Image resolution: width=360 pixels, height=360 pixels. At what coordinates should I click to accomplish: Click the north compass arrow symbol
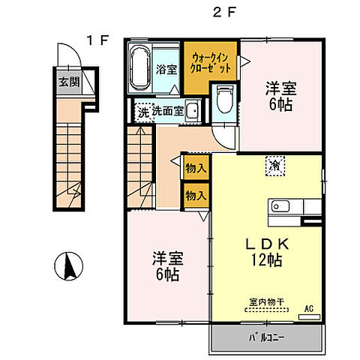click(x=70, y=265)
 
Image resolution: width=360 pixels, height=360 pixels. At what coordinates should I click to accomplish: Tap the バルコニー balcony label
click(x=266, y=337)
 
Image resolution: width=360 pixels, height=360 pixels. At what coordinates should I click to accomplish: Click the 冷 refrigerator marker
click(x=275, y=163)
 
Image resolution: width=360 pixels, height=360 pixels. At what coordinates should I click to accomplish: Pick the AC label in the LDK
click(x=309, y=308)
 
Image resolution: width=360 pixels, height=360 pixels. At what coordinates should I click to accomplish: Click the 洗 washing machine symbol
click(x=142, y=112)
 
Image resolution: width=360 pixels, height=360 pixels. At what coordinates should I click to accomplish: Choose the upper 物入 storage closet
click(x=196, y=169)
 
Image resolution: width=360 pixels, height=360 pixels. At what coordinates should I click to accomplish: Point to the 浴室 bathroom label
click(x=166, y=70)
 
